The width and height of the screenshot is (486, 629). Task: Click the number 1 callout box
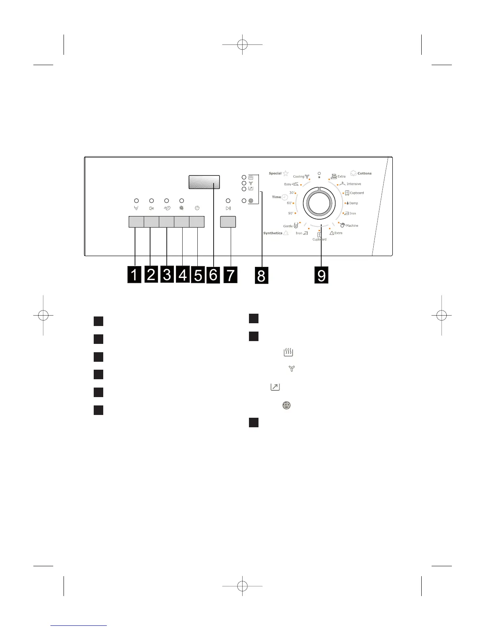point(134,275)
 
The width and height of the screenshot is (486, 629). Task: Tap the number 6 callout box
point(213,275)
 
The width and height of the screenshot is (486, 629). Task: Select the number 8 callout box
point(261,275)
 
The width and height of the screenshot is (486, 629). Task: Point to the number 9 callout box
point(321,275)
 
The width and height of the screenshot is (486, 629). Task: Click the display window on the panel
point(204,181)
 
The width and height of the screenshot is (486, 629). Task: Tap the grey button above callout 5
point(197,222)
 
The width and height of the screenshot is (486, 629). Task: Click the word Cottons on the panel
point(364,174)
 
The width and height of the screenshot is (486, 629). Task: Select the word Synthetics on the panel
point(273,233)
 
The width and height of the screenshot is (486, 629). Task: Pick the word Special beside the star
point(275,174)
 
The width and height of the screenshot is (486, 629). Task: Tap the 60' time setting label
point(290,203)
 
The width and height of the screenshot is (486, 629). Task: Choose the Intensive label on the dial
point(354,184)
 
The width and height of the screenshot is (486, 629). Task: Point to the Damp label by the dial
point(353,203)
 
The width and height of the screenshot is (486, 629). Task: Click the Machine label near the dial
point(352,226)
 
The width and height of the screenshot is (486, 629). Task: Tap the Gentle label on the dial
point(288,226)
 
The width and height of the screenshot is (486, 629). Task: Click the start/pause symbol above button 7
point(228,208)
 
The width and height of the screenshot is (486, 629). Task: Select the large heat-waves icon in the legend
point(288,352)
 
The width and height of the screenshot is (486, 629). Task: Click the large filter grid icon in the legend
point(286,405)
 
